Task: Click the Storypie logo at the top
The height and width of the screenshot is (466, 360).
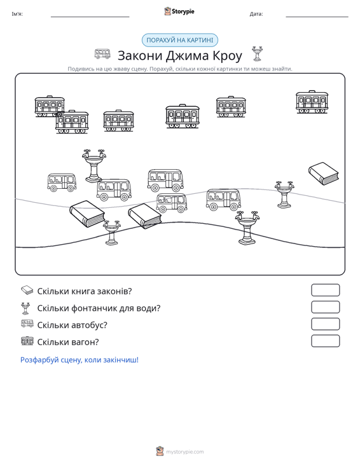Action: click(x=179, y=11)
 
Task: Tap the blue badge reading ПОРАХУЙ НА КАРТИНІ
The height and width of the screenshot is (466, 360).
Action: click(x=179, y=40)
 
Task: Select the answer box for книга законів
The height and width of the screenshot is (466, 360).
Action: click(x=325, y=290)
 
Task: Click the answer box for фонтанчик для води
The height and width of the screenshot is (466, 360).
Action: click(x=325, y=307)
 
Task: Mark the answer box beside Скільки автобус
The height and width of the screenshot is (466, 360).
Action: click(x=325, y=324)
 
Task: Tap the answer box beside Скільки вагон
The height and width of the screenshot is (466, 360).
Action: click(x=325, y=341)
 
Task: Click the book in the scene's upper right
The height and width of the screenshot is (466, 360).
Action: click(x=324, y=174)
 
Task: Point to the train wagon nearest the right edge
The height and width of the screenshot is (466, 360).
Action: click(x=312, y=102)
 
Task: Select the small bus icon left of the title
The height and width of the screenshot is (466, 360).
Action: click(x=102, y=54)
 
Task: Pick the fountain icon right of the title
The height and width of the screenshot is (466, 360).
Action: click(x=257, y=54)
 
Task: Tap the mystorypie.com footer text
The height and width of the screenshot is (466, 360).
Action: click(x=184, y=452)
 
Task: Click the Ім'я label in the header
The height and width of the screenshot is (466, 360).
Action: click(x=17, y=14)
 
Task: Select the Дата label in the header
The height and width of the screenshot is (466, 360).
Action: click(x=256, y=14)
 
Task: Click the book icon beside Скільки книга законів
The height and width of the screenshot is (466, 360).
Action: click(x=27, y=290)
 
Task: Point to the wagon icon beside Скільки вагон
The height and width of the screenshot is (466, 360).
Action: click(x=27, y=341)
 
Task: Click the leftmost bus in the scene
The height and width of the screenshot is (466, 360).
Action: click(x=62, y=182)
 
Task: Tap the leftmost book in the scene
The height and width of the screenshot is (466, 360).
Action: click(x=87, y=214)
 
